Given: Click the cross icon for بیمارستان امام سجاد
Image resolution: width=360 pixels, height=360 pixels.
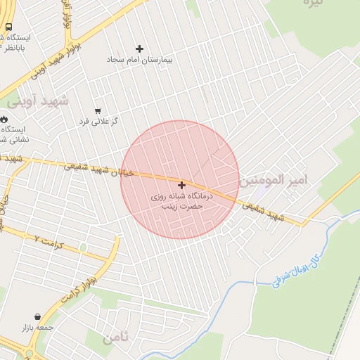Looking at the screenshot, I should [x=139, y=49].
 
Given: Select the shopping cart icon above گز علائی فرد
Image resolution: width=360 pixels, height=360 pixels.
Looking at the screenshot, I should [x=97, y=110].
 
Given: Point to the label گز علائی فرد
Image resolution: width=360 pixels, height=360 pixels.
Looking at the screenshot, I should [x=98, y=122].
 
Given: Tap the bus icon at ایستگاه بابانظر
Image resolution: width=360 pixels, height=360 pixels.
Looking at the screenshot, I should [x=8, y=27].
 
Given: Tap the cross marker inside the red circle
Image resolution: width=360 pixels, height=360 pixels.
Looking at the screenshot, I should [x=181, y=184].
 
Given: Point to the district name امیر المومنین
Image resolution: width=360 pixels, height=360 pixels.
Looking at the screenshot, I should [x=274, y=181].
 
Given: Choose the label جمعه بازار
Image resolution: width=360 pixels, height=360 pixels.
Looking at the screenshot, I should [x=38, y=328].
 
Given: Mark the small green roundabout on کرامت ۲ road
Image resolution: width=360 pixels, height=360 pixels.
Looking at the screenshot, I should [x=83, y=247].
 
